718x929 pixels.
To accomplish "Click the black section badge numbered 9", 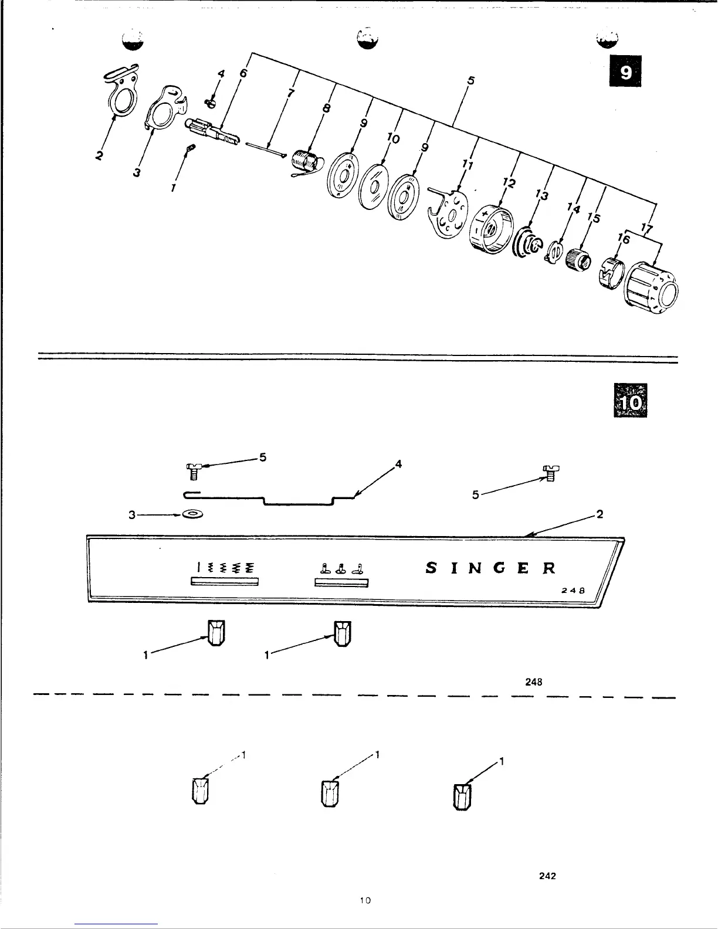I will (625, 71).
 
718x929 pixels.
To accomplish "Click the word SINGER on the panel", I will (490, 568).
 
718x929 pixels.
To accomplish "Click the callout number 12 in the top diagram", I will (509, 184).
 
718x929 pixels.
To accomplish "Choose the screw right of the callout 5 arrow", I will (550, 471).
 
